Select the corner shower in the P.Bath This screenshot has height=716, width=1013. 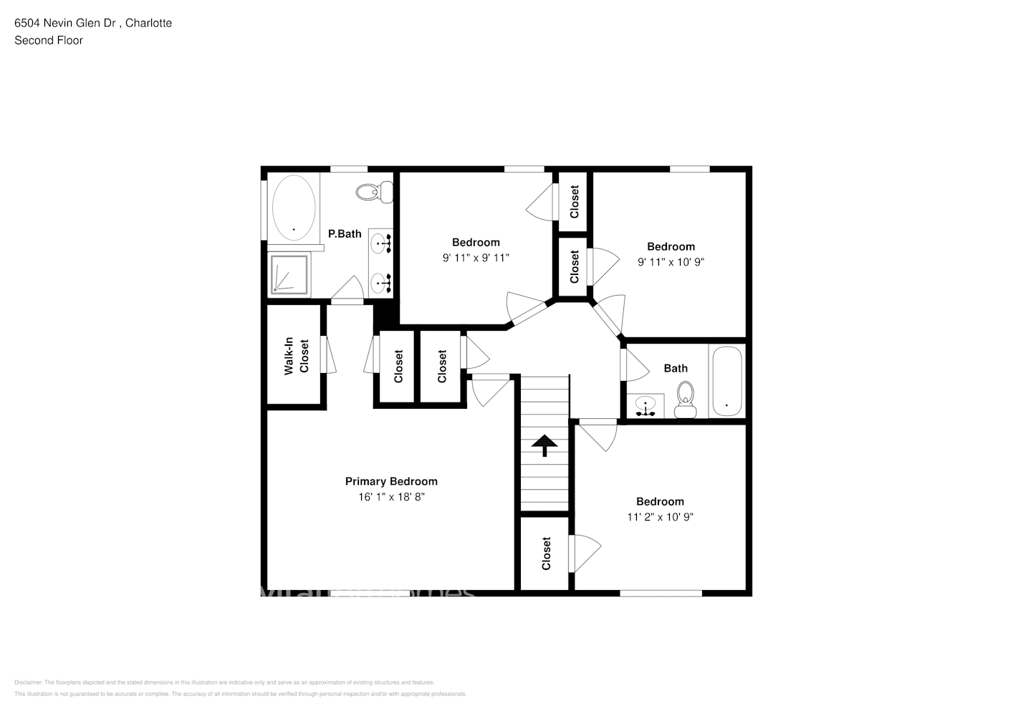tap(289, 274)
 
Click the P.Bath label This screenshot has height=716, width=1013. tap(345, 233)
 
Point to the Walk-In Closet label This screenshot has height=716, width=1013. tap(297, 355)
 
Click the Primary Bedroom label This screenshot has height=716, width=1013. tap(391, 481)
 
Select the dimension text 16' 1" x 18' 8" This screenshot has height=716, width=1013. tap(391, 497)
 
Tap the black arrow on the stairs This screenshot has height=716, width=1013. tap(544, 445)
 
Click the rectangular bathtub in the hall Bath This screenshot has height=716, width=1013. tap(727, 381)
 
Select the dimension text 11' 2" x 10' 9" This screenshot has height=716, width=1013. tap(660, 517)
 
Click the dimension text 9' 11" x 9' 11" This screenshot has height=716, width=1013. tap(476, 258)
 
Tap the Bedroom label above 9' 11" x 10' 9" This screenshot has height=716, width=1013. tap(671, 246)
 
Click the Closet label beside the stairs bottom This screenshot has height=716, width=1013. tap(547, 553)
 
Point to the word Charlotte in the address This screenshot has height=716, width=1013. tap(148, 23)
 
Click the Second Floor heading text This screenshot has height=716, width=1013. tap(49, 40)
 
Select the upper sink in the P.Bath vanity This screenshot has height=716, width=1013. tap(381, 243)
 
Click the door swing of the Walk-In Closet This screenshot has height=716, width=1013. tap(330, 354)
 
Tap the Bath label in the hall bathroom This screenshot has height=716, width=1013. tap(675, 368)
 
